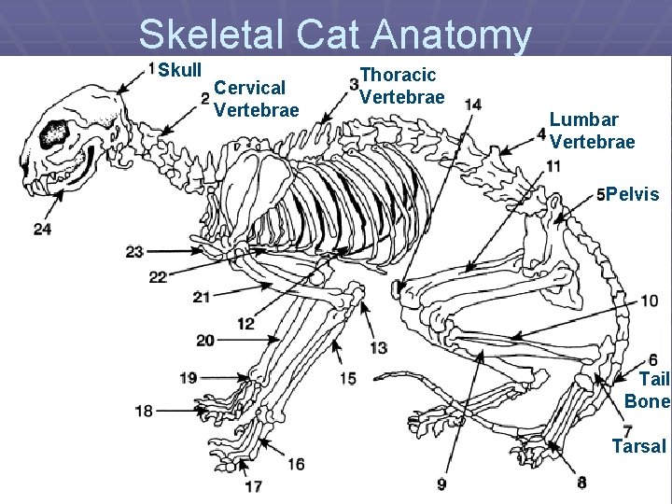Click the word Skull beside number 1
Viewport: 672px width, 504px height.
(x=179, y=71)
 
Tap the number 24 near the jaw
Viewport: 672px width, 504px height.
(x=42, y=229)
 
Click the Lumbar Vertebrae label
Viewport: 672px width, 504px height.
(x=593, y=131)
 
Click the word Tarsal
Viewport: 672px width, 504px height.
(x=638, y=446)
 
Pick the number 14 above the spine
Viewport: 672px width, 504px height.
(x=473, y=105)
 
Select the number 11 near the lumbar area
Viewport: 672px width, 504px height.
(x=553, y=166)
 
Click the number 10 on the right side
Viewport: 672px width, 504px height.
(x=649, y=301)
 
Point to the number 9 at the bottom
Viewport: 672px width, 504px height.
(x=441, y=483)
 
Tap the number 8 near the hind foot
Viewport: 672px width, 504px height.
(x=581, y=483)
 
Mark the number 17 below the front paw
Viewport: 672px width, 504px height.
(x=253, y=485)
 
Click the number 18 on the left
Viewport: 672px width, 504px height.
(x=144, y=411)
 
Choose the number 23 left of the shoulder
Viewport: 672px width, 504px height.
(x=134, y=251)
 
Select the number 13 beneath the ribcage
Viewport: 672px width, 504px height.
(x=378, y=347)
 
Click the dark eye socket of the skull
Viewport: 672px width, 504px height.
(x=54, y=133)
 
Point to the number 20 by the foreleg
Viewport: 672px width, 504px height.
(x=205, y=341)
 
